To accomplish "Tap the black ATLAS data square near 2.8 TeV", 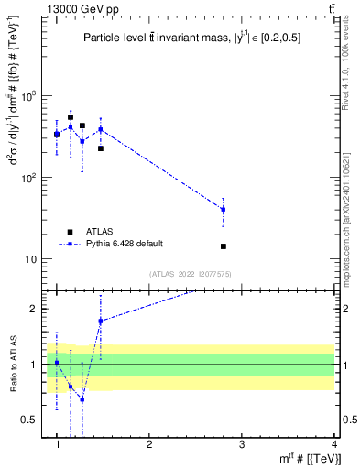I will [x=224, y=246].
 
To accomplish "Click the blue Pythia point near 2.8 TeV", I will [x=224, y=210].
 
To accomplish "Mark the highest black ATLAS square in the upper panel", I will [x=71, y=117].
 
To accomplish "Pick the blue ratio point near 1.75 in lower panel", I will [x=101, y=321].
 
